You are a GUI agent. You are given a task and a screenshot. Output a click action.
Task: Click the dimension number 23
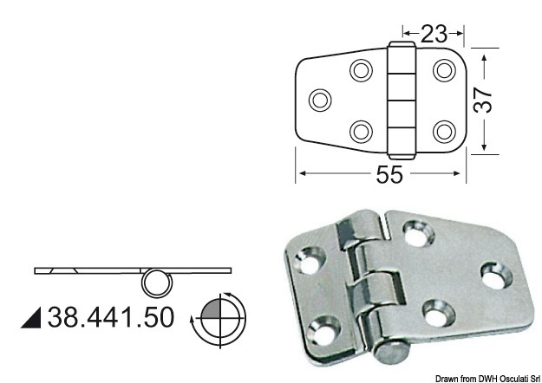tap(434, 34)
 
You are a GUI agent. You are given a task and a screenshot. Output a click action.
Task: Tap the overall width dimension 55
tap(389, 174)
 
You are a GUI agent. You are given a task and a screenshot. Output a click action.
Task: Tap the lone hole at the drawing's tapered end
tap(319, 100)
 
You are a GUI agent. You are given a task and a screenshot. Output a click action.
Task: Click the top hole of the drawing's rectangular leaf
tap(445, 69)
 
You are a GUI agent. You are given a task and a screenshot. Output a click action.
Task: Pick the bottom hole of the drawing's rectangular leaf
tap(445, 131)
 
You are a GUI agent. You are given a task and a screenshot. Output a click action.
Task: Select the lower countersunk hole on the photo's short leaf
tap(323, 328)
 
